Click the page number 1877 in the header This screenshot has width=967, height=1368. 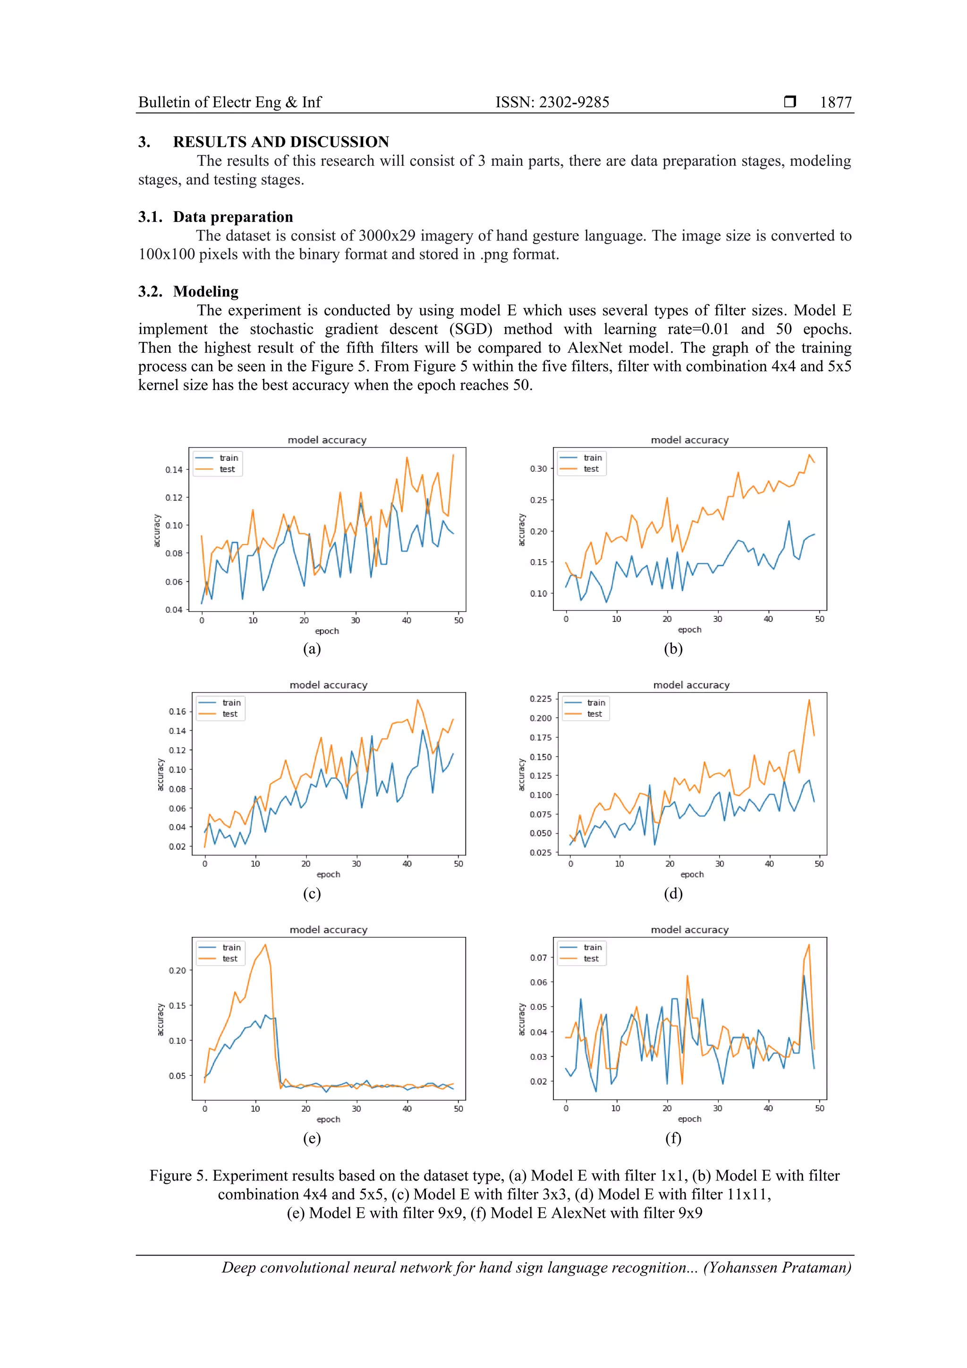[835, 102]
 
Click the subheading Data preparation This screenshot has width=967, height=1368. [233, 217]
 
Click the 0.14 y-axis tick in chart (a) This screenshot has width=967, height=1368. [174, 469]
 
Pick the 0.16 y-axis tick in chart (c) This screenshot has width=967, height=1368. [177, 712]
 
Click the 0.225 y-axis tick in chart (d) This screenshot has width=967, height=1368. [541, 699]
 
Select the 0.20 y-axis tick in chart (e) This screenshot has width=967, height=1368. [177, 970]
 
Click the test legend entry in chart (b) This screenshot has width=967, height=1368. [591, 469]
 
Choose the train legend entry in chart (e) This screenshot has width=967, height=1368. [231, 947]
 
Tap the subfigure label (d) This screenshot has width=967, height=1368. [673, 893]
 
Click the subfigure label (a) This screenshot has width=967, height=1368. [312, 649]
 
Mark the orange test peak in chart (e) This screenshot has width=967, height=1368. [265, 944]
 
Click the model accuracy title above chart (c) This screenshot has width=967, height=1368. [328, 685]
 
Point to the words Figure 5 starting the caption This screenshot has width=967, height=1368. [177, 1175]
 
